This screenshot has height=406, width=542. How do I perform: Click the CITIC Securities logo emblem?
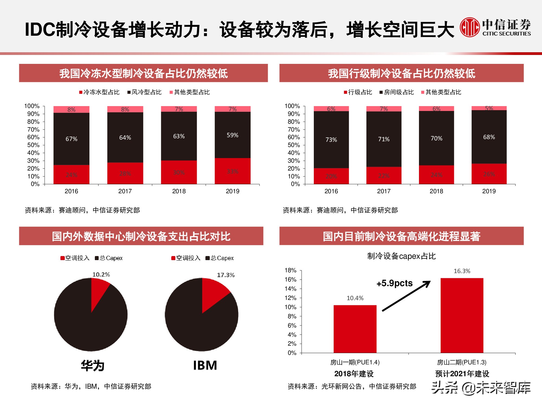coord(470,27)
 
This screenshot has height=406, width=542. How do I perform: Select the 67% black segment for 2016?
coord(71,139)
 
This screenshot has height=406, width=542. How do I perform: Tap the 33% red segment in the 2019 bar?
coord(233,171)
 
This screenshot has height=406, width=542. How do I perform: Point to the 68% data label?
coord(489,137)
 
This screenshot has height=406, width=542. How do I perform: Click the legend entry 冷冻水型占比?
coord(99,92)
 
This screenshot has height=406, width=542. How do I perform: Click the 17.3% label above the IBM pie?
coord(225,275)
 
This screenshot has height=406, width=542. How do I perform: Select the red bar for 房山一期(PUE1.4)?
coord(355,329)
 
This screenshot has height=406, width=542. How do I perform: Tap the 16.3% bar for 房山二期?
coord(462,315)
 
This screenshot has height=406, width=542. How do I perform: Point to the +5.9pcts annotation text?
coord(394,283)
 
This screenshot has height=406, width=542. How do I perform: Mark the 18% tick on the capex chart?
coord(291,270)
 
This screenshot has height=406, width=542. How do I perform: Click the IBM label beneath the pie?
coord(205,365)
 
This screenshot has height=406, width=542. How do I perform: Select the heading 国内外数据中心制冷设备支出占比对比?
coord(141,236)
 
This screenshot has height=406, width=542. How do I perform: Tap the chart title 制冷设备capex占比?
coord(401,256)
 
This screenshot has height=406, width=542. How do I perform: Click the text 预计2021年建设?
coord(462,374)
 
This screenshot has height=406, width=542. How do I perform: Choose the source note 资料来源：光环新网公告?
coord(352,387)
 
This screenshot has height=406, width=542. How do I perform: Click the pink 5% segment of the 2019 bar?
coord(489,108)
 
